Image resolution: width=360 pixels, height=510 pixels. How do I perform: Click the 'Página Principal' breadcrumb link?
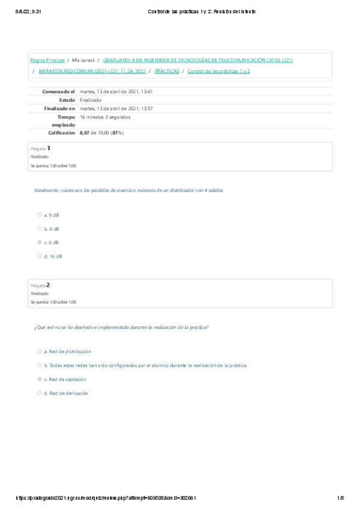point(47,60)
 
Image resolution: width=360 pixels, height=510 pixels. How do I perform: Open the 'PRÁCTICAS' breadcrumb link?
point(167,71)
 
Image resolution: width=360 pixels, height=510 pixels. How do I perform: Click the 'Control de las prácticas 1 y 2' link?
point(219,71)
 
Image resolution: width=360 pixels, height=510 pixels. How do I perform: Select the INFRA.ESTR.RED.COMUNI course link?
point(92,71)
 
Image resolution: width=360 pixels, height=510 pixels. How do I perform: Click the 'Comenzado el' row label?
point(58,91)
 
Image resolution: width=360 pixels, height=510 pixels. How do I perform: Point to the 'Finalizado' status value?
point(90,100)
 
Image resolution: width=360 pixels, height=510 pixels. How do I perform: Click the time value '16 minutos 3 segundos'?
point(105,117)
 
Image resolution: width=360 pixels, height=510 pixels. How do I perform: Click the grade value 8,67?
point(84,132)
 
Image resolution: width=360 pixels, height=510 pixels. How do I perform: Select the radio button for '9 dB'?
point(39,214)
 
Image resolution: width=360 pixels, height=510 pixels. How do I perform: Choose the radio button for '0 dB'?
point(39,228)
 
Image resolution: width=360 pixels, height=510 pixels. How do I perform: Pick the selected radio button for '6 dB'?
point(39,242)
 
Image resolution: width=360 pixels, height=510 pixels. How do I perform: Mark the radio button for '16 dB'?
point(39,256)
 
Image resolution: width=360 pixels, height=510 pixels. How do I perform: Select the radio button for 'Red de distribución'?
point(39,351)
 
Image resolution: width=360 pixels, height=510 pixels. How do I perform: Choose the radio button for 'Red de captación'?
point(39,379)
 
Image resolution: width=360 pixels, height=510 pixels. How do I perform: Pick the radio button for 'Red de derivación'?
point(39,393)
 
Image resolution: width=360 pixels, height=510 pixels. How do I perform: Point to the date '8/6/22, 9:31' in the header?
point(17,11)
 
